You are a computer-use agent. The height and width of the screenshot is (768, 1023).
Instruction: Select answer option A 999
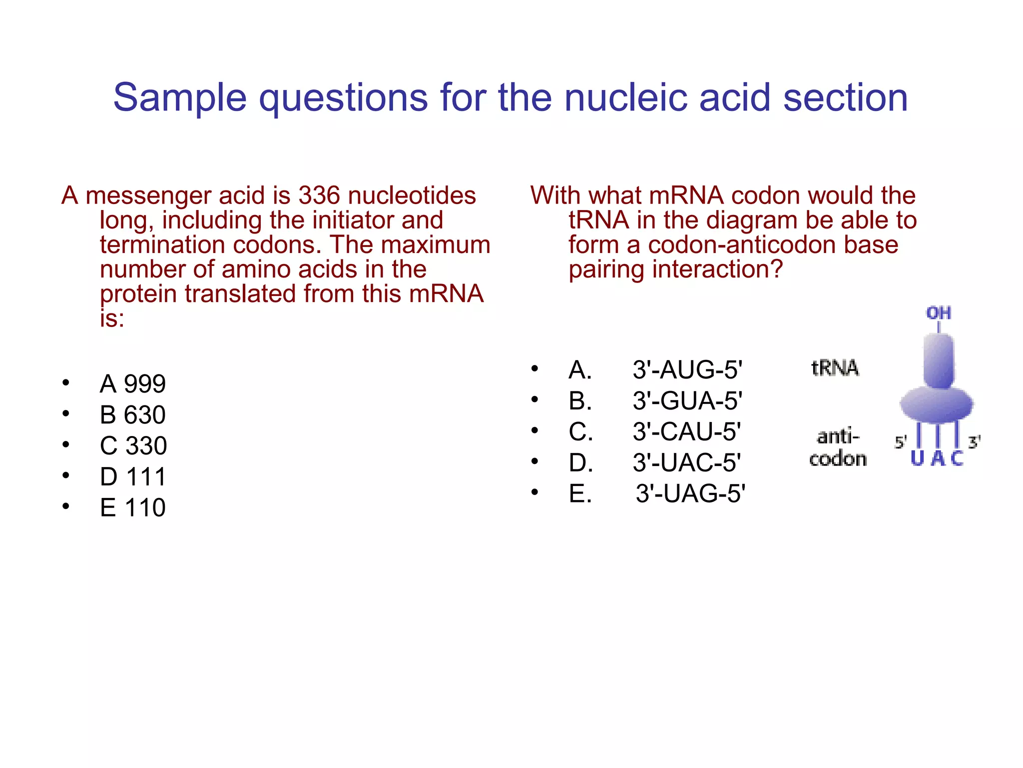[x=132, y=384]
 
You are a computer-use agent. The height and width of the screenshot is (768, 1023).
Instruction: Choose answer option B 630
[x=132, y=415]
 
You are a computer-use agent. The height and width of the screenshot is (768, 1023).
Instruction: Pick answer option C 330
[x=133, y=446]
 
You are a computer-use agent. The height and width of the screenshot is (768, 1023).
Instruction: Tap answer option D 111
[x=132, y=477]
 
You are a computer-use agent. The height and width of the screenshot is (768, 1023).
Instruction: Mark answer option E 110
[x=132, y=508]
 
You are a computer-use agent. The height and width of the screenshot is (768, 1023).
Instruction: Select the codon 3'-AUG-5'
[x=687, y=370]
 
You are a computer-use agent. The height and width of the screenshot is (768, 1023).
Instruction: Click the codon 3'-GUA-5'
[x=687, y=401]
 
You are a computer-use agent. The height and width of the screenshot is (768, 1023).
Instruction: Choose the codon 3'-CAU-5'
[x=687, y=432]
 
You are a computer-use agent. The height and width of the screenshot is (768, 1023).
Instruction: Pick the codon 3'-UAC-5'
[x=687, y=463]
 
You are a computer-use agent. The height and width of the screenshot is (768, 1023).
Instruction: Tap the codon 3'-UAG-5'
[x=690, y=494]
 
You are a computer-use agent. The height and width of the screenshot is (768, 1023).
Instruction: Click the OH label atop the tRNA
[x=939, y=313]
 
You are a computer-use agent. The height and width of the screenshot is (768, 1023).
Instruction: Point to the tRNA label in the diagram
[x=835, y=368]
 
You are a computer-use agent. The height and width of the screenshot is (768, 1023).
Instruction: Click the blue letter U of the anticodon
[x=917, y=458]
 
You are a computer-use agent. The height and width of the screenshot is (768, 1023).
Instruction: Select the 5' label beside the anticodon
[x=900, y=442]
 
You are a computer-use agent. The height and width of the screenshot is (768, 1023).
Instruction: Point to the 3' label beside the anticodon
[x=974, y=442]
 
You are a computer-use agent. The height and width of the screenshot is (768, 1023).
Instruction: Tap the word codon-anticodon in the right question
[x=773, y=245]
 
